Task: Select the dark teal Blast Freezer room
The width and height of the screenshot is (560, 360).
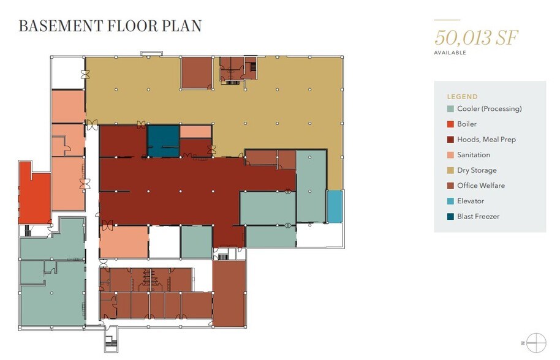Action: click(x=163, y=141)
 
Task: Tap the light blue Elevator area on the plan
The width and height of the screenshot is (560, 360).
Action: click(x=335, y=206)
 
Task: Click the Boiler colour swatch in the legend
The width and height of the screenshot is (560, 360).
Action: click(x=450, y=124)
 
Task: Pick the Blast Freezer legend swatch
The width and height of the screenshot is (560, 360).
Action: click(x=450, y=216)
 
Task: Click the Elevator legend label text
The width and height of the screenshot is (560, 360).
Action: click(x=471, y=201)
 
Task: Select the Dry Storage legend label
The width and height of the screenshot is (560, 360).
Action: click(x=477, y=170)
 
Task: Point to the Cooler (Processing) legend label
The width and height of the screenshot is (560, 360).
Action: click(x=490, y=109)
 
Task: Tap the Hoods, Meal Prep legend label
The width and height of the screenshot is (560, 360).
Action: click(x=486, y=140)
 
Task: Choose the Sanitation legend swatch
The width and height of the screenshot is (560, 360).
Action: click(x=450, y=155)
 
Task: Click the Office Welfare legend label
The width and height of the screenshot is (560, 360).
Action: click(x=481, y=186)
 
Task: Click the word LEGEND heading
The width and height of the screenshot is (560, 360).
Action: click(x=462, y=97)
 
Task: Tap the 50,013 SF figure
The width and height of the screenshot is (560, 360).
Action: click(x=476, y=37)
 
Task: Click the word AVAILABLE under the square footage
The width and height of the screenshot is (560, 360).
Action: click(x=450, y=53)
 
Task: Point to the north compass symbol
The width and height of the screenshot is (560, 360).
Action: click(x=536, y=343)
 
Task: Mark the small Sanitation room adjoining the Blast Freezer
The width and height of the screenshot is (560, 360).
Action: click(x=195, y=132)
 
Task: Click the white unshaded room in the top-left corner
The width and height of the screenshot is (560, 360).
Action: click(x=68, y=73)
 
